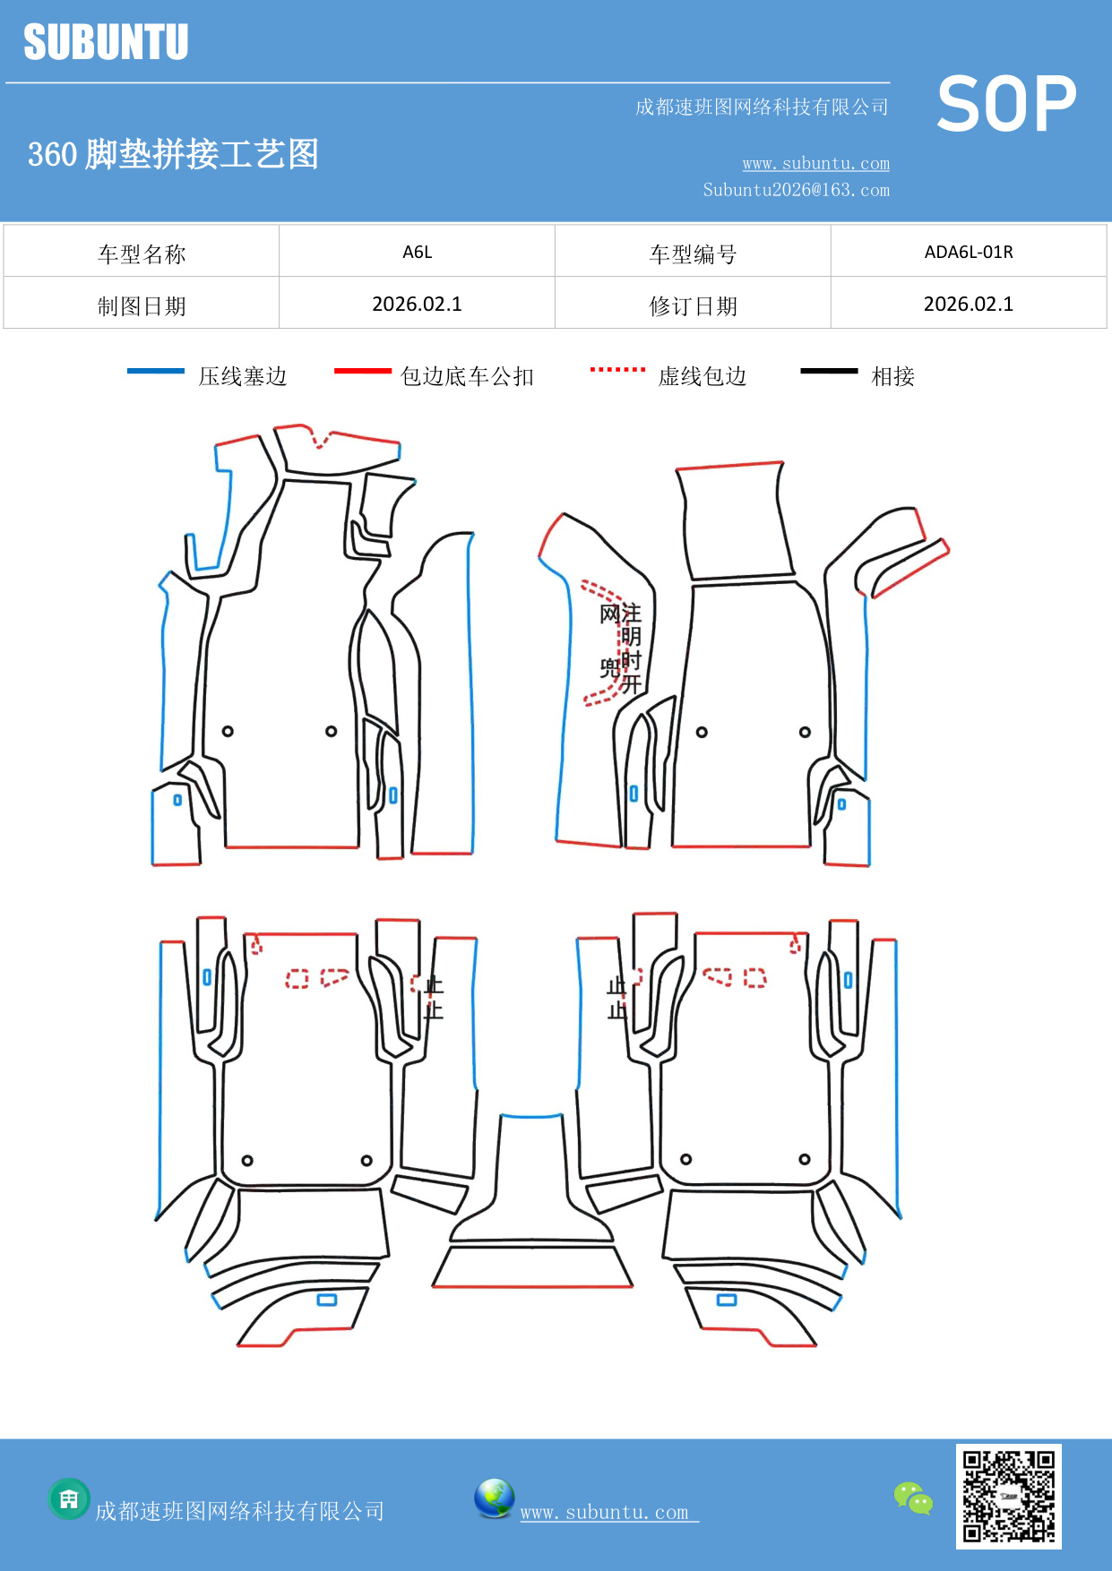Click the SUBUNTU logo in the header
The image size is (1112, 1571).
point(106,42)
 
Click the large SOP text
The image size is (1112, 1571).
point(1006,105)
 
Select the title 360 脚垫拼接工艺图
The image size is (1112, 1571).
point(173,154)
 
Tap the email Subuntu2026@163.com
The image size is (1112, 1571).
point(796,190)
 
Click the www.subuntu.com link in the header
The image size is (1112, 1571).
point(815,164)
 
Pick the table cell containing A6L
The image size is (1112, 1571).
point(417,252)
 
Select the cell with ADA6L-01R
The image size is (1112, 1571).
point(968,252)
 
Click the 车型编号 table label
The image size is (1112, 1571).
point(693,254)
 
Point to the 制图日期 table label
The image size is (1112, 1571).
point(142,306)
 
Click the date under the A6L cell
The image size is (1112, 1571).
point(417,305)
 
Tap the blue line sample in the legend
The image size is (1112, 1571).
point(156,371)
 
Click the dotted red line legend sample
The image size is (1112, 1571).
point(617,369)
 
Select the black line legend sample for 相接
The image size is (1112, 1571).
point(829,371)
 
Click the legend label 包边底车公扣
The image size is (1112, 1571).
point(467,376)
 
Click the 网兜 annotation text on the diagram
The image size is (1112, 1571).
point(610,640)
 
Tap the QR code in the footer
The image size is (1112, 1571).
point(1008,1496)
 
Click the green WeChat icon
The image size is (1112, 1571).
point(913,1498)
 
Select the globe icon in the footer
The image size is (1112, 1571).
point(494,1498)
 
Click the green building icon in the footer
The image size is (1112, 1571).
point(69,1498)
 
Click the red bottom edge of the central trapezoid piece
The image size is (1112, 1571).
point(532,1287)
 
